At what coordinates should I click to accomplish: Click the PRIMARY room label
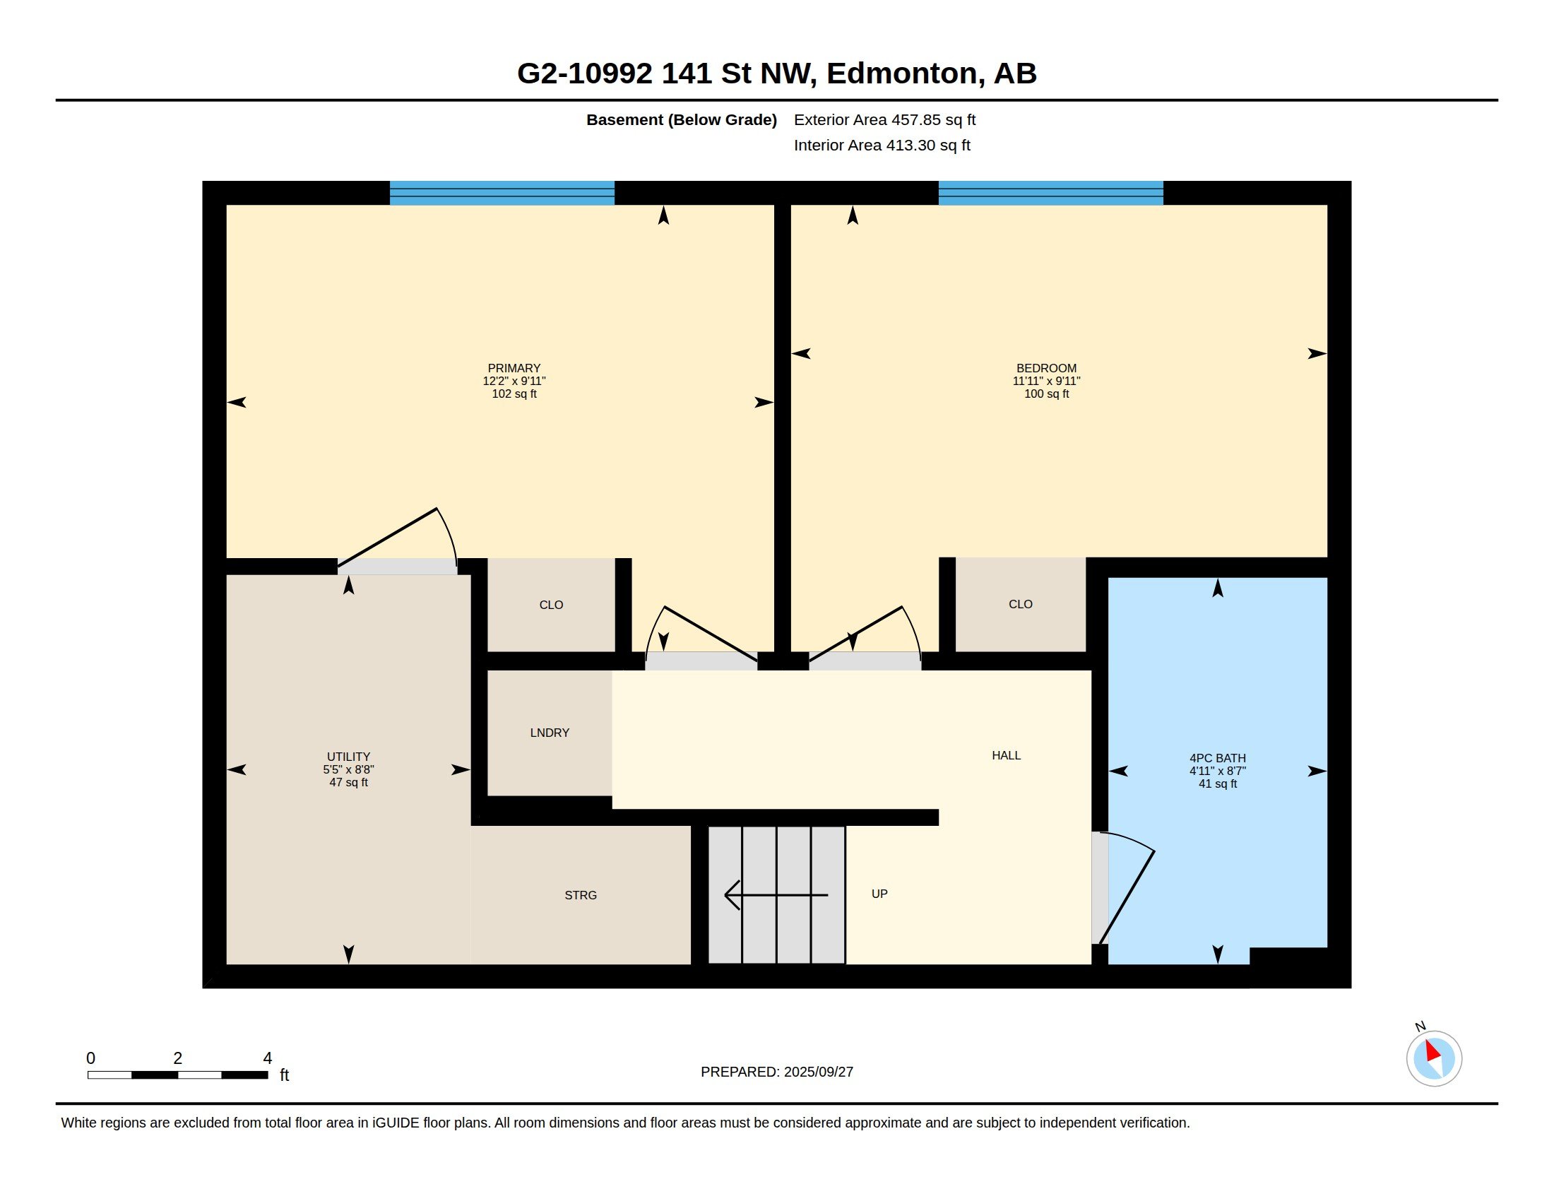click(x=514, y=369)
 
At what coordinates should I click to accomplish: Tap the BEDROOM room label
click(x=1046, y=369)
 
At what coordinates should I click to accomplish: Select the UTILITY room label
click(x=349, y=757)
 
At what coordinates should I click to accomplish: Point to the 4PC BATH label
click(x=1218, y=759)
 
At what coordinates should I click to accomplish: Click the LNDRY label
click(x=550, y=733)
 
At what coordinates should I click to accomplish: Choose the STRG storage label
click(x=581, y=895)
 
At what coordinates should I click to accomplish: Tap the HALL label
click(x=1006, y=756)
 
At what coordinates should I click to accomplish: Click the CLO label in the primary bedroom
click(x=551, y=605)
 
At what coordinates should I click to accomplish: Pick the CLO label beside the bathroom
click(x=1021, y=604)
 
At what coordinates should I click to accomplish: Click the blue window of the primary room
click(x=502, y=193)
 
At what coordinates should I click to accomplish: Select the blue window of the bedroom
click(x=1050, y=193)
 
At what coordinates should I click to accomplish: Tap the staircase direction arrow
click(x=776, y=894)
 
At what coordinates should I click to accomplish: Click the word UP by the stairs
click(x=879, y=894)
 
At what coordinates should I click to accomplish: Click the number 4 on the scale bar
click(x=268, y=1058)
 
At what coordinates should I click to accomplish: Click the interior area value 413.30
click(x=908, y=145)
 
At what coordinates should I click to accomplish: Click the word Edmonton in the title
click(x=901, y=73)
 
